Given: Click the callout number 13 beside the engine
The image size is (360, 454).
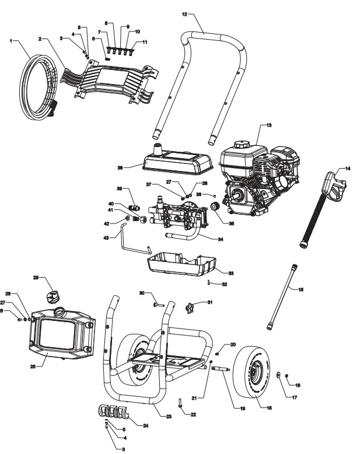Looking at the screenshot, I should click(x=269, y=125).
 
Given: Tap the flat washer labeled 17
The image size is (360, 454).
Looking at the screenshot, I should click(x=279, y=375).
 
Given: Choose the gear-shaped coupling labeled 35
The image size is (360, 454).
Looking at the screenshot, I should click(x=213, y=206).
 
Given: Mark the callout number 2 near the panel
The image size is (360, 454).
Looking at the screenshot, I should click(x=40, y=39).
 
